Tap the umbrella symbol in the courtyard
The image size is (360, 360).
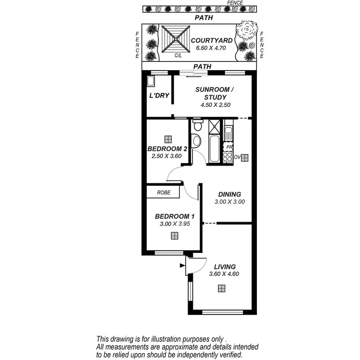pos(176,39)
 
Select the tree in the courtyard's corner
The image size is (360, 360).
pos(247,31)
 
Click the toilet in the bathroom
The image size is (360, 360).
pos(196,125)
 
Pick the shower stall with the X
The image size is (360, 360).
pos(214,127)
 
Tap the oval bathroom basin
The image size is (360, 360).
pos(196,141)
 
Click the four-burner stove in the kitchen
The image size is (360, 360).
pos(228,157)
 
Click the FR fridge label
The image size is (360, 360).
pos(230,147)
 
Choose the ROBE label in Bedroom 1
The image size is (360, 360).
pos(164,192)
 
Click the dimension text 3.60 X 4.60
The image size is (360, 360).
pos(224,274)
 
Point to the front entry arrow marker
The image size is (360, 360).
pos(182,264)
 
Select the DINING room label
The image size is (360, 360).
pos(229,194)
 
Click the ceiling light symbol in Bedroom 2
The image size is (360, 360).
pos(167,139)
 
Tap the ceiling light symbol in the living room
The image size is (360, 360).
pos(221,288)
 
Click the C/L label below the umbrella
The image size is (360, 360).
pos(178,56)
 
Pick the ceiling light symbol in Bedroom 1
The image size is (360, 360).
pos(174,236)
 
